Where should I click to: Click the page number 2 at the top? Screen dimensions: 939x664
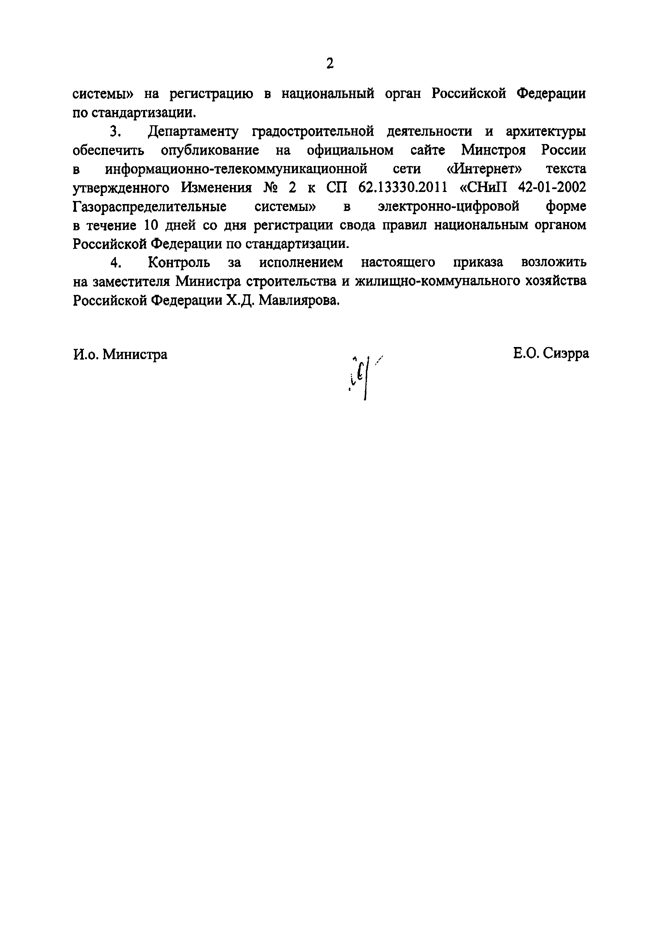tap(330, 63)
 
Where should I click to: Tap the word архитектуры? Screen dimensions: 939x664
tap(545, 131)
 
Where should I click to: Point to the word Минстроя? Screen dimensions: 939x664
tap(494, 150)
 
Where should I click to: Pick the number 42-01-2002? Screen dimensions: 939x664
tap(552, 188)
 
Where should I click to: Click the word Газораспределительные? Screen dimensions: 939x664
tap(150, 206)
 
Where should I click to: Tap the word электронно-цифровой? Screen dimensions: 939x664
tap(449, 206)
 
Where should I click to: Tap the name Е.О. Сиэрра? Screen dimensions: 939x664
tap(551, 353)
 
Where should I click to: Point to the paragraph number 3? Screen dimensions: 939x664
tap(115, 131)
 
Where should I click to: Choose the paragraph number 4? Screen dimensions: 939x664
tap(116, 263)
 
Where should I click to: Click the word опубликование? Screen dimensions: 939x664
tap(210, 150)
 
